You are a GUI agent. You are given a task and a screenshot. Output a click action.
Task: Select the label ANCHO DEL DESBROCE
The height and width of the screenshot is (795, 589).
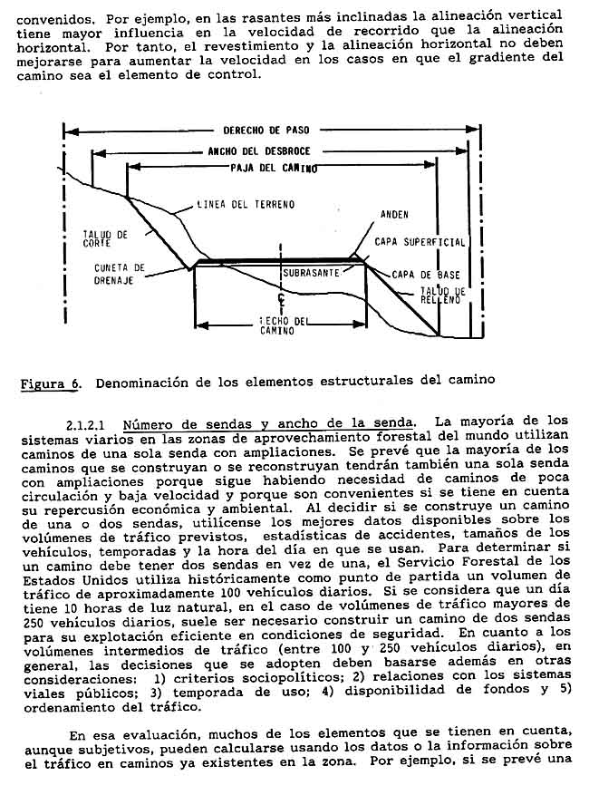pos(259,150)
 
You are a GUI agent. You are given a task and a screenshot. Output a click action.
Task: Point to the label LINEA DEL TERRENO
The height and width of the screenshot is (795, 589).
pos(246,205)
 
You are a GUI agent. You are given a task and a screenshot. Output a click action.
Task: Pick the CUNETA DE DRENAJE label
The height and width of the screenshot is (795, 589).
pos(120,273)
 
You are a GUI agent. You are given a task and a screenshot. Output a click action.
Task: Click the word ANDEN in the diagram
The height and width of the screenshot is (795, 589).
pos(394,215)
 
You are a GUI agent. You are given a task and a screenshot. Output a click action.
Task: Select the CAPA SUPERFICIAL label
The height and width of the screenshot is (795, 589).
pos(420,243)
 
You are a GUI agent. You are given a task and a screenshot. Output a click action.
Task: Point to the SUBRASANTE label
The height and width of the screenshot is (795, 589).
pos(312,272)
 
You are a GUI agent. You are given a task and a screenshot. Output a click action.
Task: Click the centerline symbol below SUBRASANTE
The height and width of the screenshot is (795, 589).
pos(284,297)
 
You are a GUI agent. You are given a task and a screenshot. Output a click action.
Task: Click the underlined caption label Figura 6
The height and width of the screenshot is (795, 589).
pos(49,383)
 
